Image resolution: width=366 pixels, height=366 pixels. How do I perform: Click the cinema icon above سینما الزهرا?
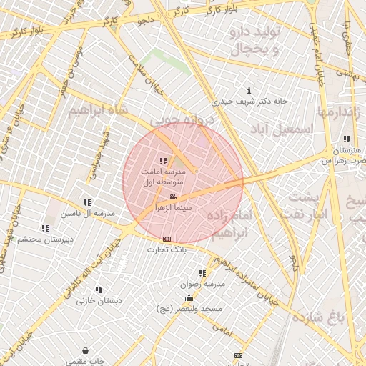coord(172,197)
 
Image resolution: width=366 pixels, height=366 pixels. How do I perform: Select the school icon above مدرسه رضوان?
coord(203,273)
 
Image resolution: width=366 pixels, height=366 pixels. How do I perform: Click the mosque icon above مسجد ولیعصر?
coord(189,298)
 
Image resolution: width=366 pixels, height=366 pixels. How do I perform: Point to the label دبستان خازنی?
coord(99,301)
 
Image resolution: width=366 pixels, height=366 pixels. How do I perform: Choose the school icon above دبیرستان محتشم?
coord(45,228)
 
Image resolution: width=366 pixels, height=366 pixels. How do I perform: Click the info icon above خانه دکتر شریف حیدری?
coord(249,90)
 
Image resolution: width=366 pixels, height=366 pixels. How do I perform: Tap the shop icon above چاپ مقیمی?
coord(86,351)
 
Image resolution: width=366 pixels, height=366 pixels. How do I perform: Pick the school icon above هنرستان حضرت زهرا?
coord(347,139)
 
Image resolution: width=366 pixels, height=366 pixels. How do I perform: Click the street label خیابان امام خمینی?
coord(315,50)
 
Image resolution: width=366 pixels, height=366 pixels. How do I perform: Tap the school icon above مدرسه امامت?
coord(163,161)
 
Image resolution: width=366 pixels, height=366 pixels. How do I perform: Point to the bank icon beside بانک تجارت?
coord(167,239)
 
